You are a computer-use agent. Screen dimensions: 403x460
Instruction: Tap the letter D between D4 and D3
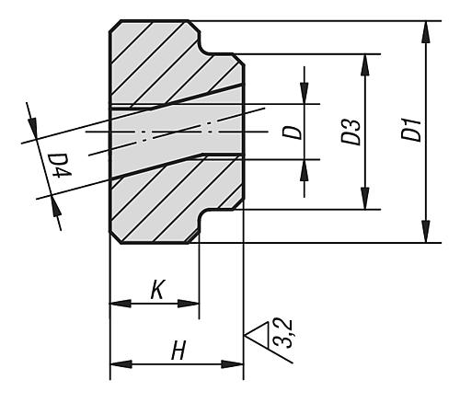click(292, 132)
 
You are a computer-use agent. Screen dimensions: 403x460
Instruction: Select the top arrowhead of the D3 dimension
click(365, 63)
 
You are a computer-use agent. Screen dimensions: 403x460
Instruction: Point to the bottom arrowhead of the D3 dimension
click(365, 200)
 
